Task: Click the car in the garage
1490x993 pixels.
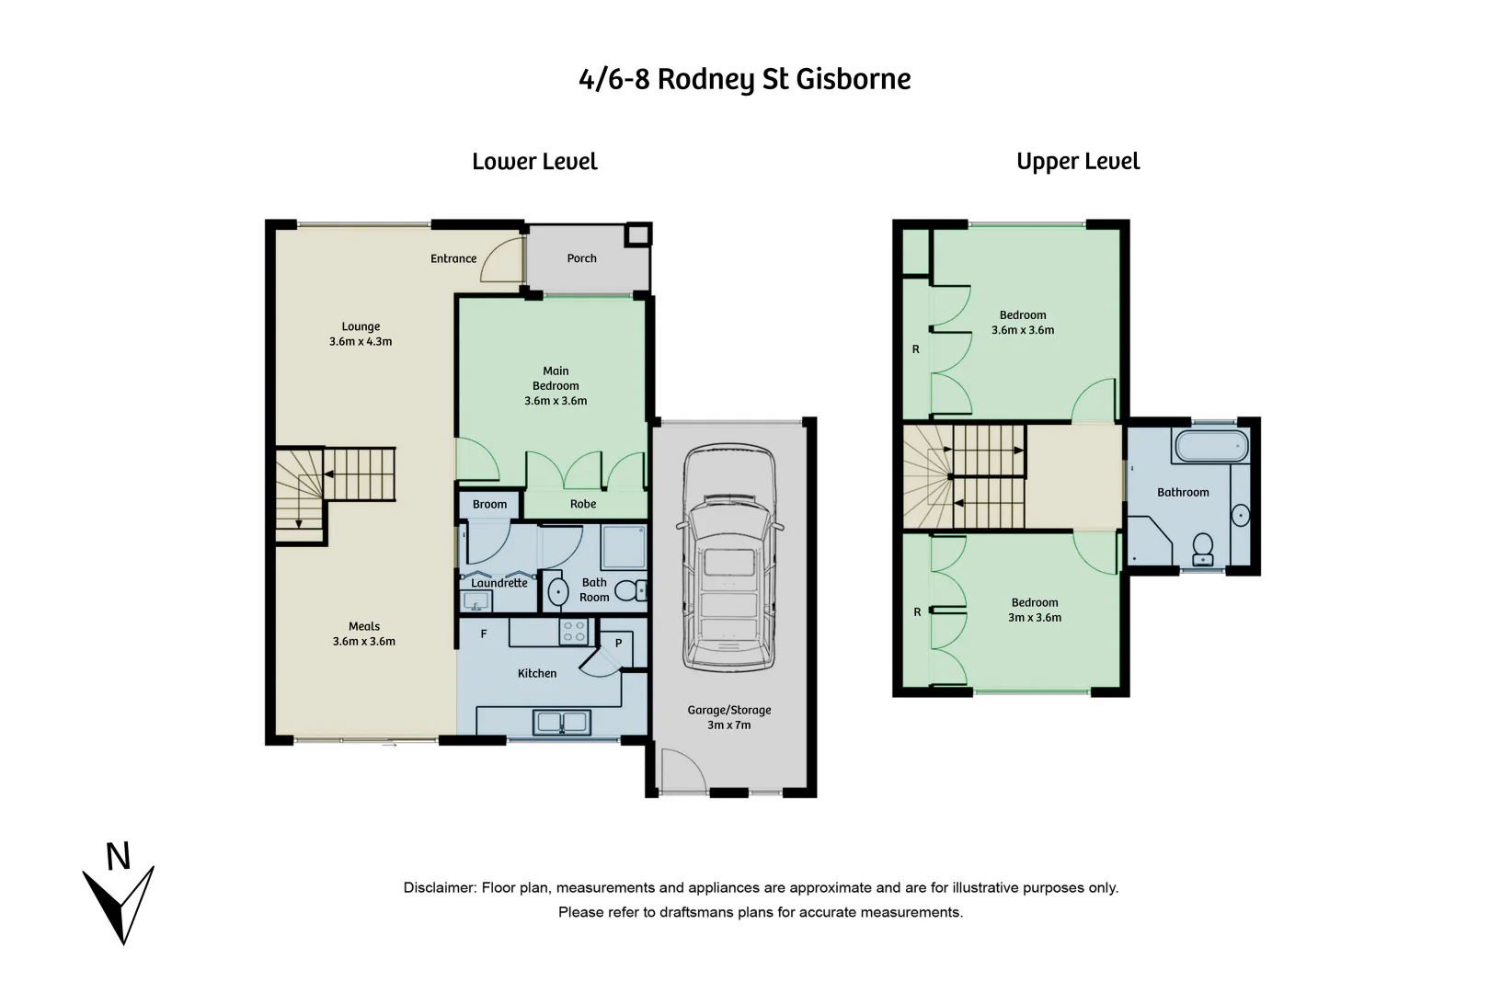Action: coord(729,558)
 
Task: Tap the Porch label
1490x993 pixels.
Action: coord(581,258)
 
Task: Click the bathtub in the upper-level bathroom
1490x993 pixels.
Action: coord(1210,448)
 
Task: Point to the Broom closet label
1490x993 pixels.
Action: coord(489,504)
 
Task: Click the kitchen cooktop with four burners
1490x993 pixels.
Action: coord(574,631)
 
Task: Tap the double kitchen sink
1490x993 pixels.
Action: coord(561,723)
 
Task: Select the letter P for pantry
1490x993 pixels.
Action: coord(618,643)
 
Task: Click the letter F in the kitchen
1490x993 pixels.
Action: coord(484,633)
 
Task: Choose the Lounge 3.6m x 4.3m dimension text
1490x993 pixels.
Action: coord(361,341)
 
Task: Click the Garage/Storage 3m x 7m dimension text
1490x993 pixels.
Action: coord(728,725)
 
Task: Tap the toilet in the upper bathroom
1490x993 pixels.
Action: coord(1202,549)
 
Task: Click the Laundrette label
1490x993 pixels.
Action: coord(499,583)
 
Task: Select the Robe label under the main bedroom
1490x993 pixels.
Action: coord(583,504)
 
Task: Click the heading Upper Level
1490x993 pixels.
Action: coord(1078,162)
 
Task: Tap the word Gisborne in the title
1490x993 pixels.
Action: coord(853,79)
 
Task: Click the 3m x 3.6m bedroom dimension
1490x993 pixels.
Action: coord(1035,618)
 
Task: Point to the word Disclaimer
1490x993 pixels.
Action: coord(439,887)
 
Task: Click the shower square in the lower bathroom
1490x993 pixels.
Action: coord(625,546)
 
